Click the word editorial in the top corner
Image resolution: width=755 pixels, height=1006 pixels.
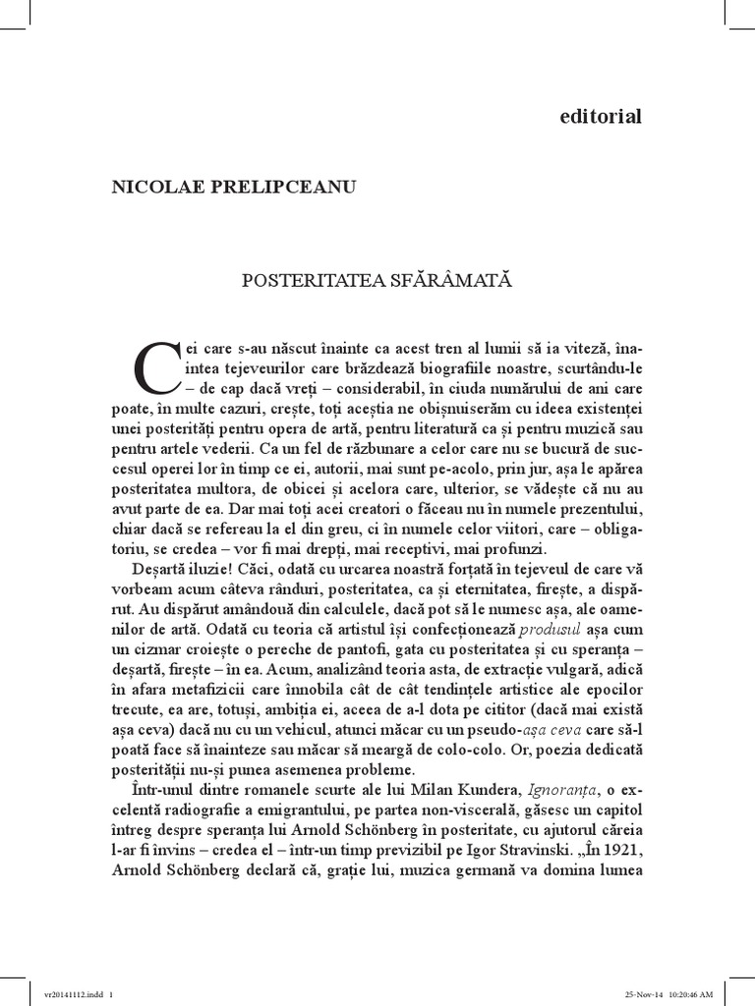(600, 117)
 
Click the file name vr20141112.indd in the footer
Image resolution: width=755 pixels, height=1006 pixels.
(64, 992)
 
